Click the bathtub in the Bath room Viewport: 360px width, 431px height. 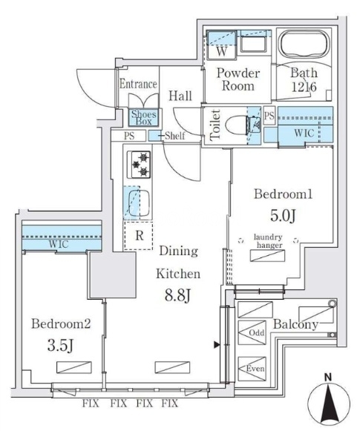(304, 45)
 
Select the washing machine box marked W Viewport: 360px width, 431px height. (222, 45)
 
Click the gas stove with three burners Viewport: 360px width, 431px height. (139, 165)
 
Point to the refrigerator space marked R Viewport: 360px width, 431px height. (138, 236)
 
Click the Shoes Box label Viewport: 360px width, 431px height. (143, 118)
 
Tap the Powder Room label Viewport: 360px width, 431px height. (238, 79)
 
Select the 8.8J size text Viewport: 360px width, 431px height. (177, 296)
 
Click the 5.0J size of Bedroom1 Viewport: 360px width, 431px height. (283, 215)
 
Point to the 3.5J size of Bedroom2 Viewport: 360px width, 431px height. (61, 345)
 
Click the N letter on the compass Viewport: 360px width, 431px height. (327, 378)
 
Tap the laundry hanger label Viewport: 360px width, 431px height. (268, 241)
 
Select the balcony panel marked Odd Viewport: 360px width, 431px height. (252, 332)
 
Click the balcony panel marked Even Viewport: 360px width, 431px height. (252, 369)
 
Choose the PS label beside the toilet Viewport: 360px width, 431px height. (269, 116)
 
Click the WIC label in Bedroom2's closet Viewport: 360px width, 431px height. (59, 244)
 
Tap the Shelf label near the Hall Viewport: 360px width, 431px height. (175, 136)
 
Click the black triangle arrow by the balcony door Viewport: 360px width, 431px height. (217, 344)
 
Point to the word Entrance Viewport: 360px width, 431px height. (138, 84)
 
